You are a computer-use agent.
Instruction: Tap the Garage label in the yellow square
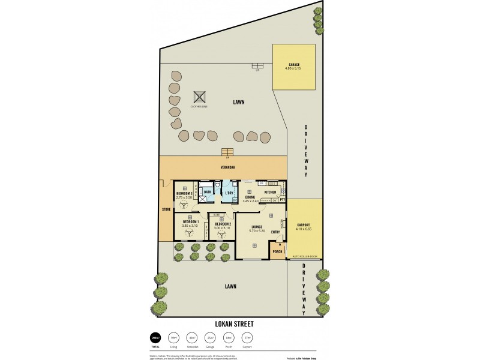(x=293, y=64)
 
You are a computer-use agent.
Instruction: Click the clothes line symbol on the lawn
(x=199, y=97)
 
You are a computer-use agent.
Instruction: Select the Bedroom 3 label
(x=185, y=193)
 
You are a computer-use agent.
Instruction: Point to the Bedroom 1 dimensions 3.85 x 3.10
(x=190, y=226)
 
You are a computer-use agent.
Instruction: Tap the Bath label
(x=207, y=192)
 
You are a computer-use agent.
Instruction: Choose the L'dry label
(x=229, y=192)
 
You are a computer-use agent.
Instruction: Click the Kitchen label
(x=270, y=192)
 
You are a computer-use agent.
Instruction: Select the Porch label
(x=277, y=251)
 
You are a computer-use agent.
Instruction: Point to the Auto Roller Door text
(x=304, y=257)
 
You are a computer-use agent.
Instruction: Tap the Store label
(x=166, y=209)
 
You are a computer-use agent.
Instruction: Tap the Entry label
(x=275, y=232)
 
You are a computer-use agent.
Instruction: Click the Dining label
(x=251, y=196)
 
